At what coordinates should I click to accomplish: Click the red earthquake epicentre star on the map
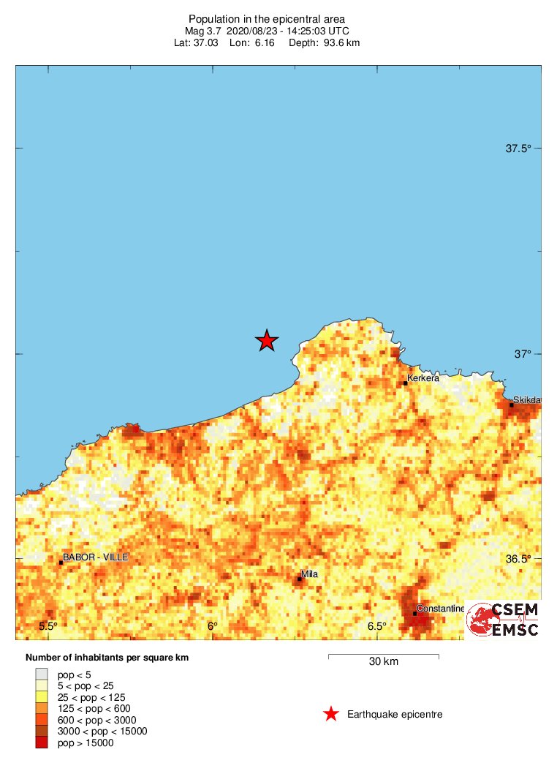point(267,340)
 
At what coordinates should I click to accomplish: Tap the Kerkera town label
point(423,378)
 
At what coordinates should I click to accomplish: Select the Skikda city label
point(526,400)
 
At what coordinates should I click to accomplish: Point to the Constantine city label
point(440,609)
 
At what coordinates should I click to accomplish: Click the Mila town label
point(309,574)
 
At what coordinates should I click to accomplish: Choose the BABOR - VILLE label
point(95,557)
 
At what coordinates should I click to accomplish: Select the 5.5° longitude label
point(48,626)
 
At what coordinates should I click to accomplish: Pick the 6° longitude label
point(212,626)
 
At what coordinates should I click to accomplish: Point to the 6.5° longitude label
point(376,626)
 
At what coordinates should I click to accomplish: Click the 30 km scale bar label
point(383,662)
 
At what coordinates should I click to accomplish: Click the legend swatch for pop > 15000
point(42,743)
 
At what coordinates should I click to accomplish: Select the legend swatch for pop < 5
point(42,674)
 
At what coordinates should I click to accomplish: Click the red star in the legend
point(331,714)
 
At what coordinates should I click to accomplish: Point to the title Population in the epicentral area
point(267,18)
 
